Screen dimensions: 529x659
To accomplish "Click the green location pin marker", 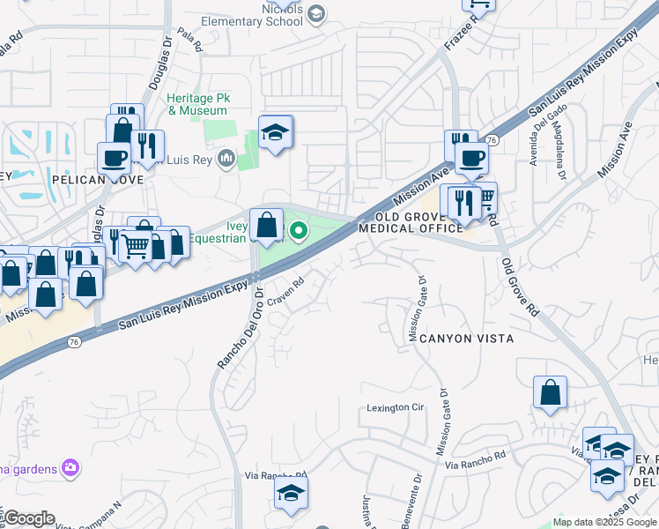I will [x=299, y=232].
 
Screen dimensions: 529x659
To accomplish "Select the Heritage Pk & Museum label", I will [x=198, y=104].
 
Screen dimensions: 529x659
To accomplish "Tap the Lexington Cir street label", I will [x=396, y=408].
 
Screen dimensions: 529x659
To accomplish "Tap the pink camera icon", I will [x=70, y=468].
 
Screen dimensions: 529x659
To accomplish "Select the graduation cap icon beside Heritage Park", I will [x=276, y=133].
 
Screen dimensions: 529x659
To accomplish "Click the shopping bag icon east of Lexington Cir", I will [x=550, y=393].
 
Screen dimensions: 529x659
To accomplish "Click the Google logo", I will [x=29, y=518].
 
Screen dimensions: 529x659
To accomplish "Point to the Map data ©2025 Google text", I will [x=604, y=521].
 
